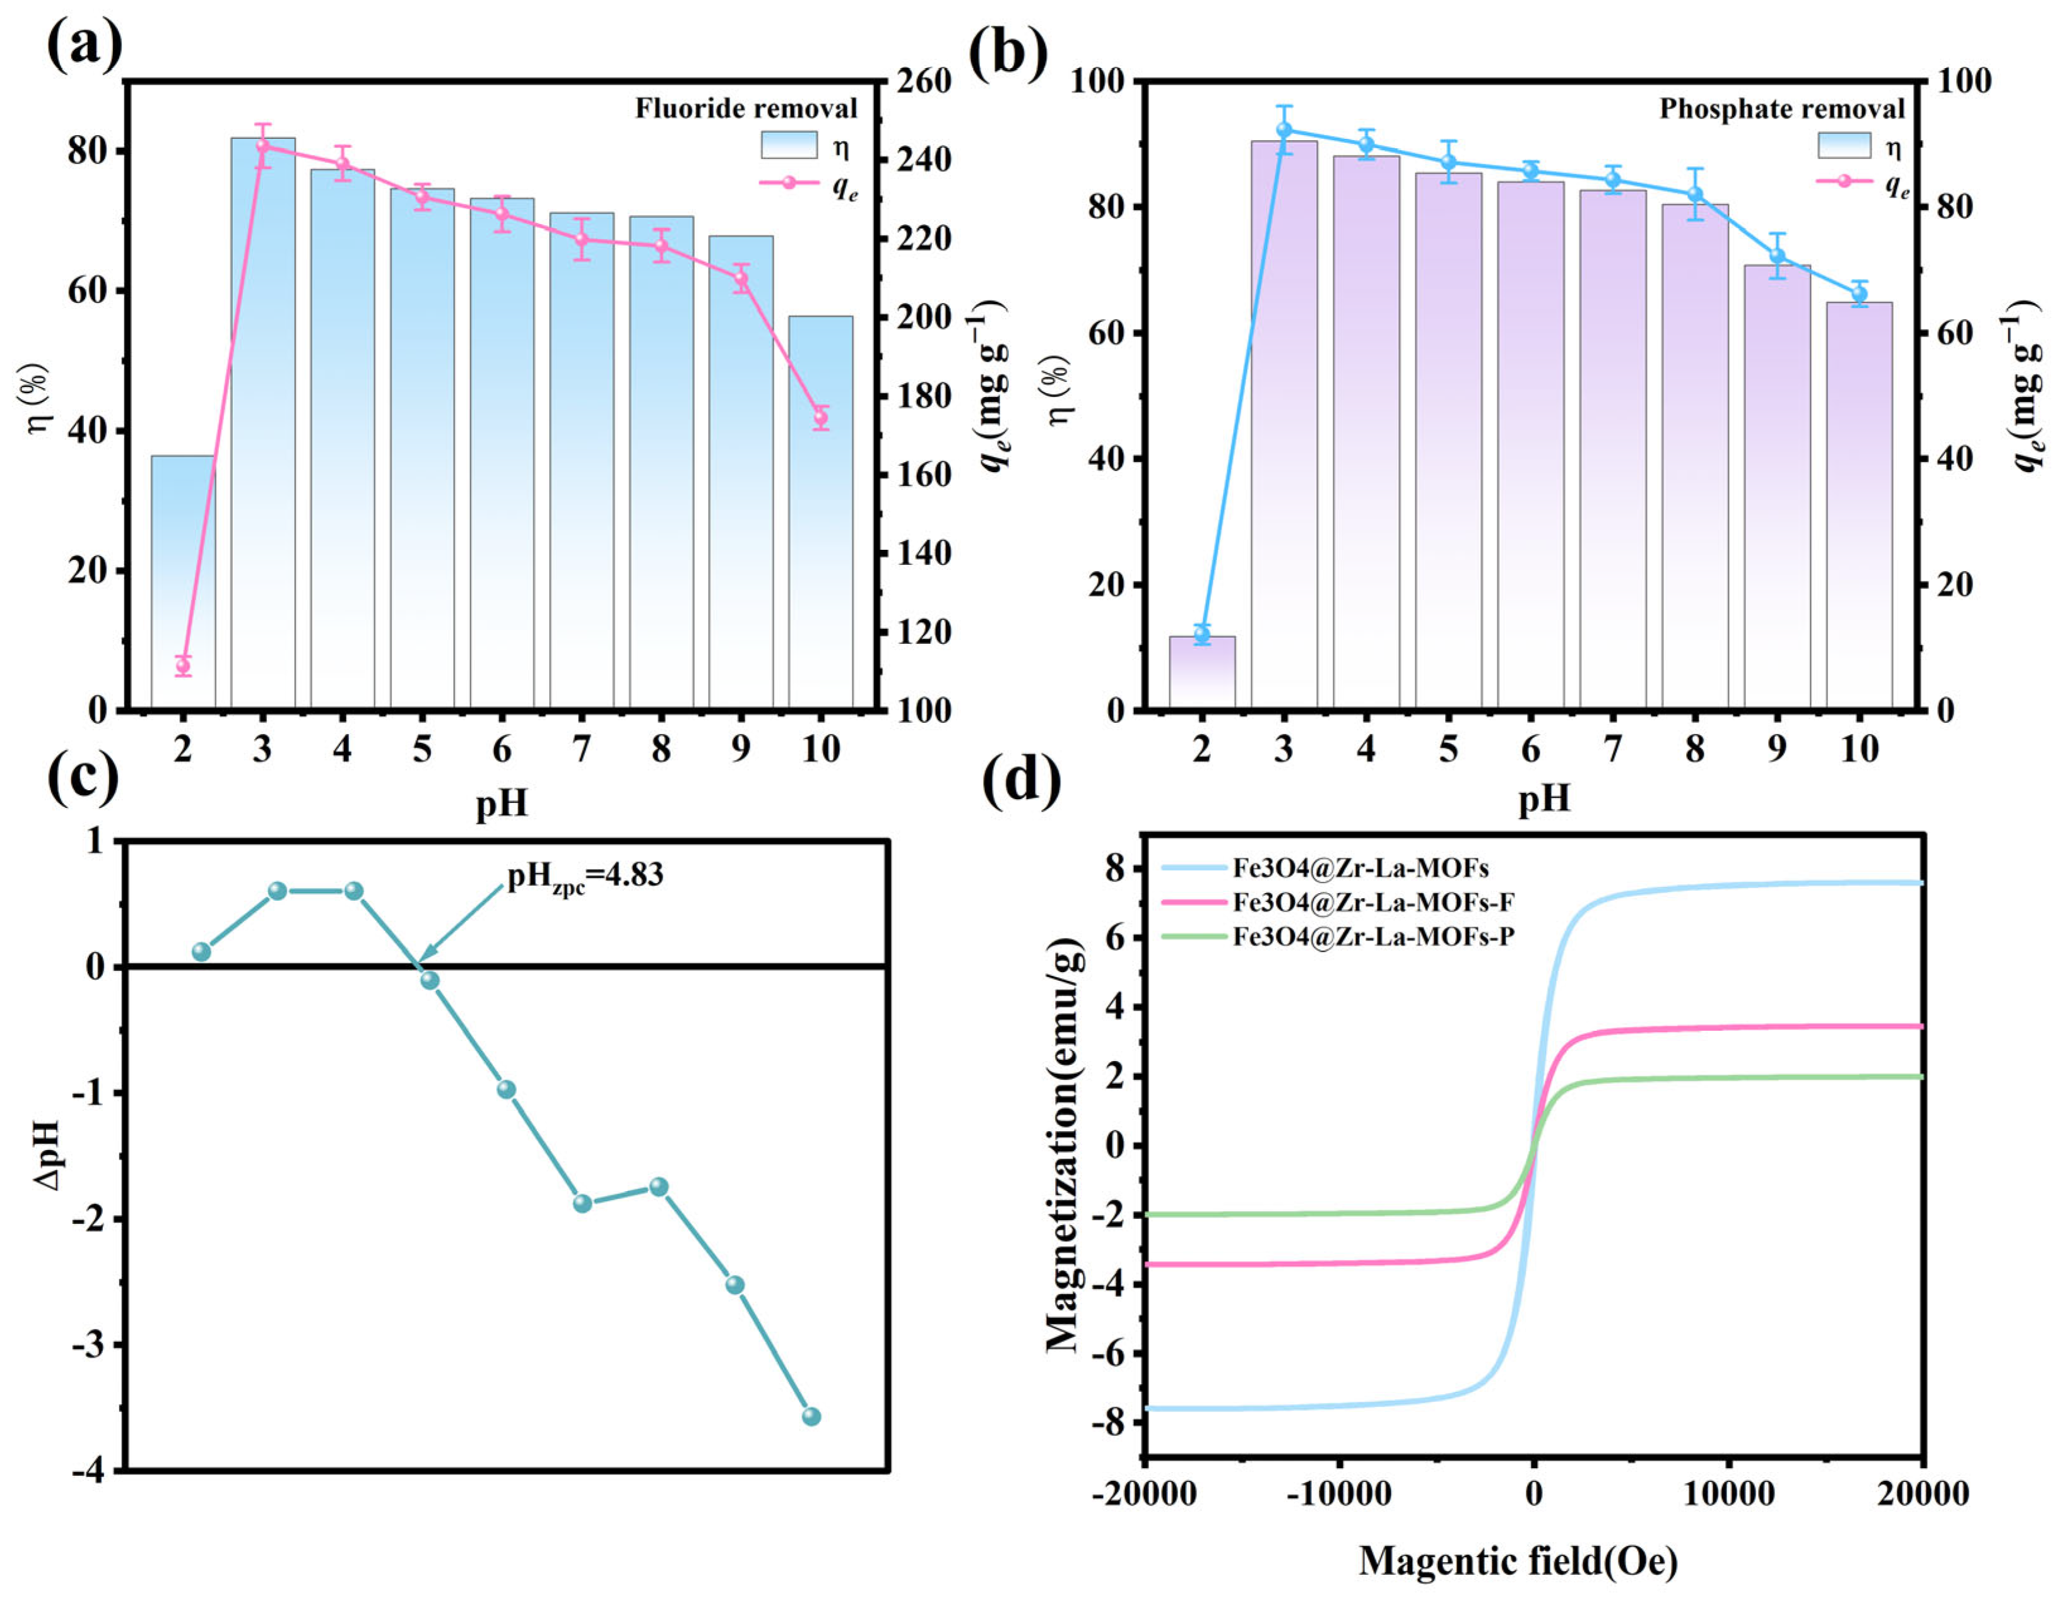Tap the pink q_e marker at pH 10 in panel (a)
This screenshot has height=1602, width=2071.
click(821, 417)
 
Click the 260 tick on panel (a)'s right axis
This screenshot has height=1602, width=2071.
click(924, 81)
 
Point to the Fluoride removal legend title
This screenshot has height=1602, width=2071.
click(745, 109)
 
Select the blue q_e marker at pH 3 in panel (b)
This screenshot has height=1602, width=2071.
click(1284, 131)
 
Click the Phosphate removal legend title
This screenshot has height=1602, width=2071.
click(1781, 109)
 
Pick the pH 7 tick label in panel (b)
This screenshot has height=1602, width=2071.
click(1612, 749)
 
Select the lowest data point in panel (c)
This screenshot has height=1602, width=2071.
click(811, 1416)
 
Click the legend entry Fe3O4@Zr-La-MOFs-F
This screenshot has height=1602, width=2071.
click(1372, 902)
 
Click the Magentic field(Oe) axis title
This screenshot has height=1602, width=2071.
click(1517, 1560)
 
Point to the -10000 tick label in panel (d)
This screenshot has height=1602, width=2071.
click(1338, 1495)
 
